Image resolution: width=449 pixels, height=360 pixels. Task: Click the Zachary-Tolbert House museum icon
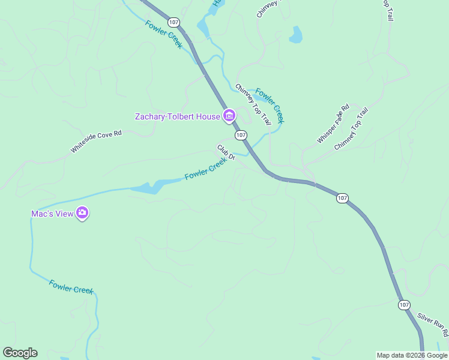pos(229,116)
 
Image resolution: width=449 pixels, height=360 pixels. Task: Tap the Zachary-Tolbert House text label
pos(177,116)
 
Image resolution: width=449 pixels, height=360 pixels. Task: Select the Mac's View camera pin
pos(83,213)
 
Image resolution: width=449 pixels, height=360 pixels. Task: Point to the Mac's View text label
pos(52,214)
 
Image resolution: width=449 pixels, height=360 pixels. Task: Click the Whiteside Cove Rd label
pos(96,142)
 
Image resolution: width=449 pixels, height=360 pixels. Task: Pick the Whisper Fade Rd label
pos(333,124)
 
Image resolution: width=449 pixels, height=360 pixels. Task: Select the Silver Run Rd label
pos(433,325)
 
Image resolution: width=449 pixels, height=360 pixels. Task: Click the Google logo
pos(20,353)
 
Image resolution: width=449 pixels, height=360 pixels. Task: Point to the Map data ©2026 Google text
pos(412,355)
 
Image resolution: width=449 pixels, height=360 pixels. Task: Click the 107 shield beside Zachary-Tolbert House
pos(241,135)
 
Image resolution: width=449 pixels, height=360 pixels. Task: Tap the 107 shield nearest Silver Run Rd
pos(404,305)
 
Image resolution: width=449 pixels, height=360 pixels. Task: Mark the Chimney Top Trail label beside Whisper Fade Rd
pos(351,128)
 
